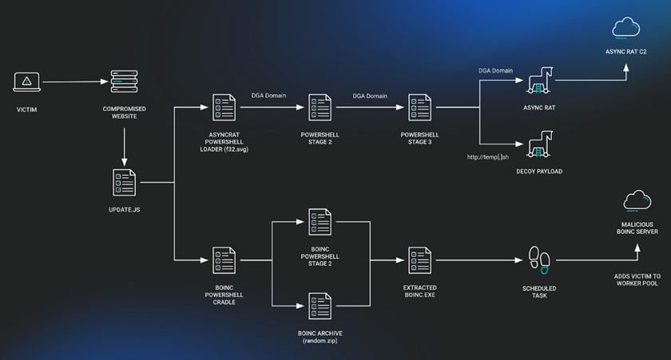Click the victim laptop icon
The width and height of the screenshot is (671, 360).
point(26,81)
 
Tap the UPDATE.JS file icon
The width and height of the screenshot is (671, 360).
point(124,184)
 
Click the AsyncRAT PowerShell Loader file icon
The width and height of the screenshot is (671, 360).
point(223,107)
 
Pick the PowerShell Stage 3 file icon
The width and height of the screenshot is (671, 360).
point(420,107)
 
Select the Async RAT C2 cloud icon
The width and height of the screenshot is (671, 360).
point(625,30)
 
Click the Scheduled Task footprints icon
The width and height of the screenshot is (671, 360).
point(539,259)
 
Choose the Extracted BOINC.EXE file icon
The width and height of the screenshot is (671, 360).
point(420,260)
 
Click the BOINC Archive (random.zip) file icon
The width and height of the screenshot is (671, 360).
point(320,306)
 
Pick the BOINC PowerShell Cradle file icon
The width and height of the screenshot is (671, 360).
point(223,260)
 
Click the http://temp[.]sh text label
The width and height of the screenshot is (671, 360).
point(487,157)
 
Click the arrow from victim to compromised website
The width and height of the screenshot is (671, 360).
point(73,81)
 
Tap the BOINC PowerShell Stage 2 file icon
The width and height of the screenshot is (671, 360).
point(320,222)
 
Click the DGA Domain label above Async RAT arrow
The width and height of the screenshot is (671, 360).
point(495,70)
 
